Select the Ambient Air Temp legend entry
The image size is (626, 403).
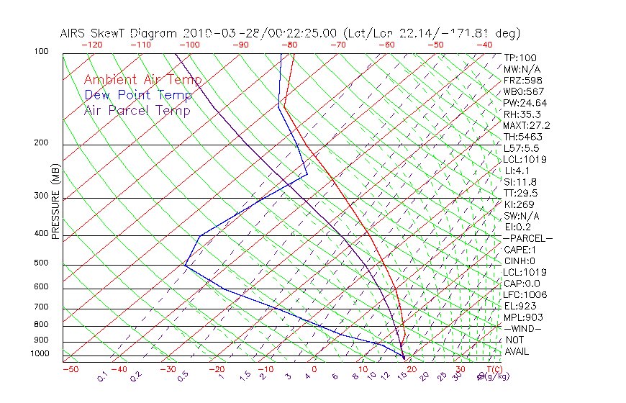click(x=142, y=80)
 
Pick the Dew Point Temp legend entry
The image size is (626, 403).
click(x=138, y=95)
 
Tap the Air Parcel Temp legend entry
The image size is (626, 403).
click(x=137, y=110)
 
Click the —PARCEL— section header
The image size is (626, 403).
click(x=527, y=238)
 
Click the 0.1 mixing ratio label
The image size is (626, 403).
click(x=102, y=376)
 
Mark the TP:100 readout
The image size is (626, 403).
click(x=520, y=58)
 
